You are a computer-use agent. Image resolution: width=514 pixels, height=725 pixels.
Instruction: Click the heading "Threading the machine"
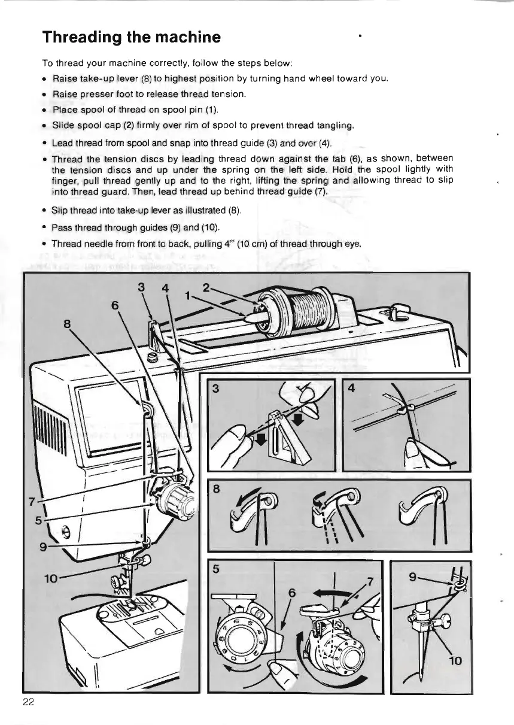[132, 37]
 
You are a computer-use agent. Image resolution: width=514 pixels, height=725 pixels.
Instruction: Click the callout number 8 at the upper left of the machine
[68, 324]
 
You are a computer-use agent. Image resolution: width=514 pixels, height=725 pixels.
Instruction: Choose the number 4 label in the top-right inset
[352, 389]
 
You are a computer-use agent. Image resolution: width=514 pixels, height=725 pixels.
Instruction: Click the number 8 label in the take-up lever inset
[216, 489]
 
